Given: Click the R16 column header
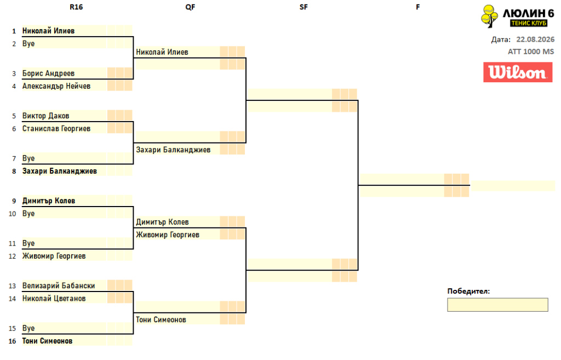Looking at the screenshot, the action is click(76, 7).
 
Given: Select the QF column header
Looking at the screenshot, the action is click(190, 7).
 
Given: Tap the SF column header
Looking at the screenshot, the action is click(304, 7).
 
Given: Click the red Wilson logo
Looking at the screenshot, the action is click(518, 72).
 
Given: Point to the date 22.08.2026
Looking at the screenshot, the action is click(535, 39).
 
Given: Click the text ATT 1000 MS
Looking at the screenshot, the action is click(531, 52).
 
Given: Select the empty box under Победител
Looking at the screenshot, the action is click(497, 305).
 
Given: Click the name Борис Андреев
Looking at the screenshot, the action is click(48, 73).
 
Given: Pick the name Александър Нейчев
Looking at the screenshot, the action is click(56, 86).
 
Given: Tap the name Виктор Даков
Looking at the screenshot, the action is click(46, 116).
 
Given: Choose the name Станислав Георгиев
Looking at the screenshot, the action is click(56, 129).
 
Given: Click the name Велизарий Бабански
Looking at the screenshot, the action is click(59, 286).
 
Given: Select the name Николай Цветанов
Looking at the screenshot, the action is click(54, 299).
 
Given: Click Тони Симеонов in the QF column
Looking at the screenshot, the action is click(161, 320).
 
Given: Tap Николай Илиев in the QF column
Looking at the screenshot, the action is click(162, 52).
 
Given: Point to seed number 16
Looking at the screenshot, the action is click(13, 341).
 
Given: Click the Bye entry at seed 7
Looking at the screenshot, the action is click(28, 158).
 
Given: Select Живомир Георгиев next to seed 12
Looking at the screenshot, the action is click(54, 256).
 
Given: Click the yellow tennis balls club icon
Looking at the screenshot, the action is click(489, 16).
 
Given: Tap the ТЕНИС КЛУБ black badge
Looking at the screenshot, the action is click(529, 23).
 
